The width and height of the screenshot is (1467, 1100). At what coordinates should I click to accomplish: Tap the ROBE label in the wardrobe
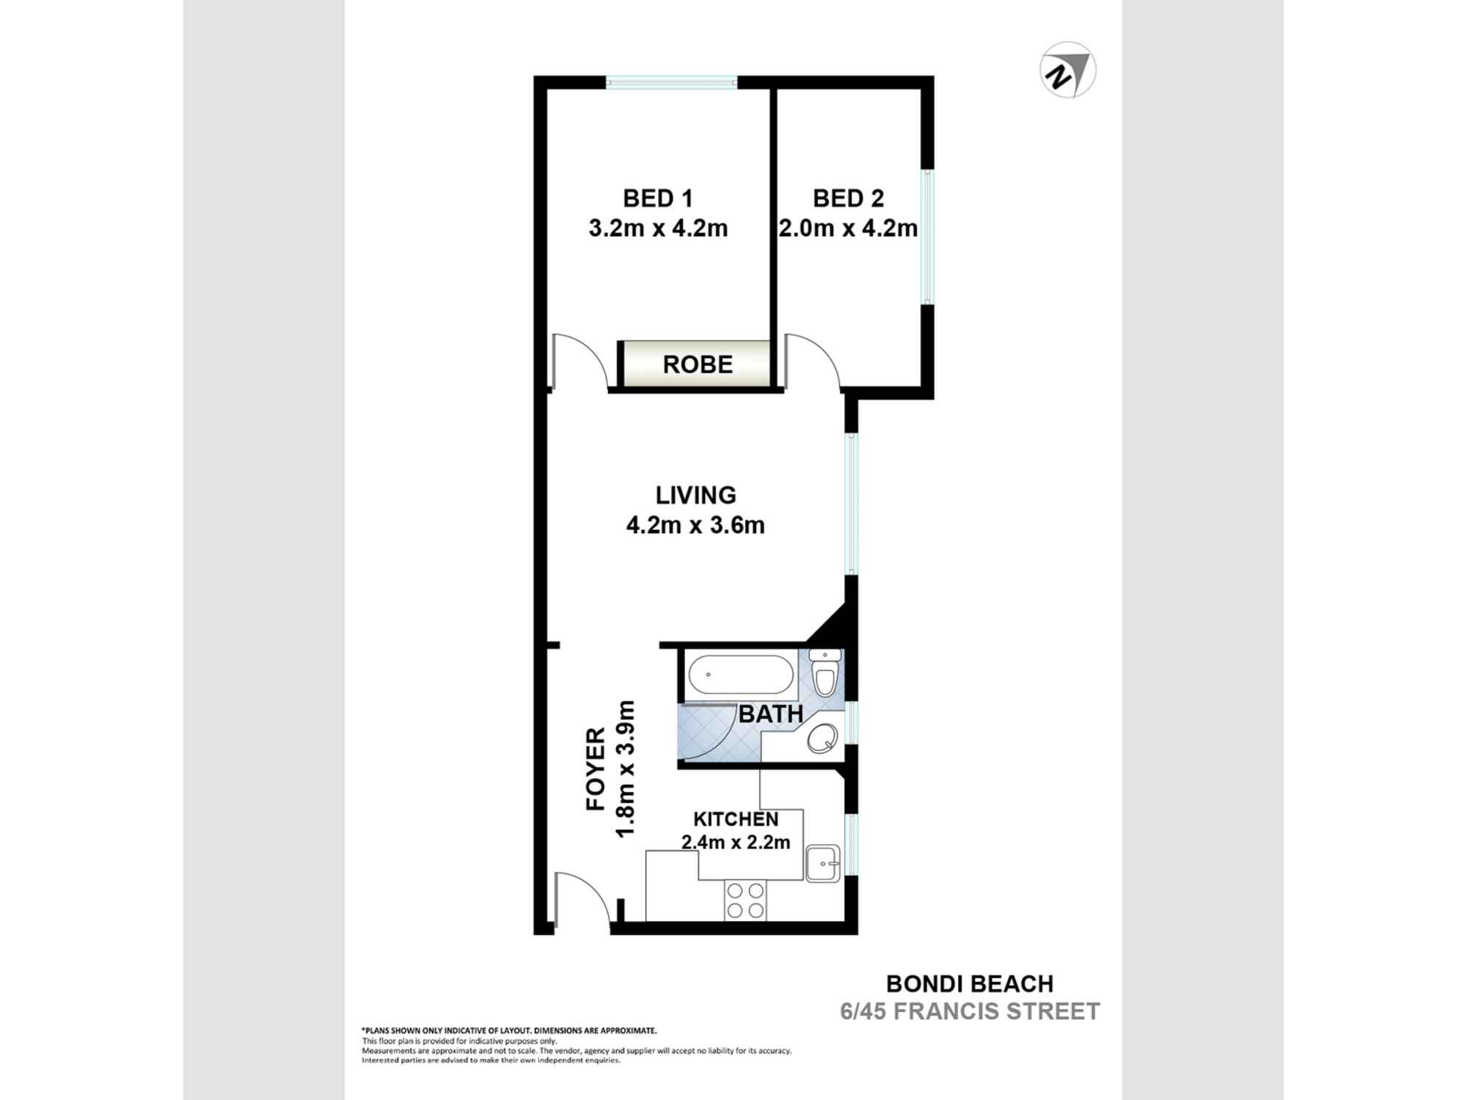pos(698,364)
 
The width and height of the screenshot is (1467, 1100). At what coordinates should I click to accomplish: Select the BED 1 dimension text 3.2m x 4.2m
pos(658,228)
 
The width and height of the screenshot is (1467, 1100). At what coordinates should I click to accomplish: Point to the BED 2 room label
pos(848,199)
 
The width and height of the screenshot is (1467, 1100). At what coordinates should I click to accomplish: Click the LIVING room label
pos(695,495)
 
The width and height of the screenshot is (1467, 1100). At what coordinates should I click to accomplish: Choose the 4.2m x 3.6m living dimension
pos(695,525)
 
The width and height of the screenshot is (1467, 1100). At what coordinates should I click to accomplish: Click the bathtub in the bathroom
pos(739,674)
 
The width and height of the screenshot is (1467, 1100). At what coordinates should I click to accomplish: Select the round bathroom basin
pos(822,738)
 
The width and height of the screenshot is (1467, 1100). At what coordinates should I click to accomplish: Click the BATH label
pos(770,714)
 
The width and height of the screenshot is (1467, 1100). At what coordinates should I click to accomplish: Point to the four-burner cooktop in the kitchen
pos(745,901)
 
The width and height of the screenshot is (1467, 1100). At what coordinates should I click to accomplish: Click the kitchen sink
pos(822,863)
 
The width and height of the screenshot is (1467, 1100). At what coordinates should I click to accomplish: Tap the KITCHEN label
pos(736,818)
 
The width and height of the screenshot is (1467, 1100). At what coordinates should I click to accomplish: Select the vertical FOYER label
pos(596,769)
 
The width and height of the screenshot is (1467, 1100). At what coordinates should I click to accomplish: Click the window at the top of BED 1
pos(671,82)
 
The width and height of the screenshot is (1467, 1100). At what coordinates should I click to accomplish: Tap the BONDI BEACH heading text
pos(970,983)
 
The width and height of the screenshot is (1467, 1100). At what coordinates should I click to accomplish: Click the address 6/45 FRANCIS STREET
pos(970,1011)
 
